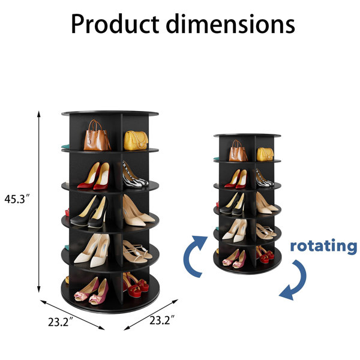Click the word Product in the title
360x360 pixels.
point(115,24)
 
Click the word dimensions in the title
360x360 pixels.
point(230,24)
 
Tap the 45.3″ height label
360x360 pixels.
point(17,199)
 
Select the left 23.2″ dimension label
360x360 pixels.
point(61,322)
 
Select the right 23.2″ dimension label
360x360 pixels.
point(162,320)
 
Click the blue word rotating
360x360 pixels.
point(324,246)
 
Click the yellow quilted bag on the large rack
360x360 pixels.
point(136,140)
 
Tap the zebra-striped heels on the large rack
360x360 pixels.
point(135,175)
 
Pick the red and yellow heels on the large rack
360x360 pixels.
point(94,176)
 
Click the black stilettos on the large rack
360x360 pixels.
point(90,212)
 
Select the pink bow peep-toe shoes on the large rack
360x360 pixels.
point(91,291)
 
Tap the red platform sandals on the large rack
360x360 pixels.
point(136,284)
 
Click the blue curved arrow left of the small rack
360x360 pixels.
point(194,256)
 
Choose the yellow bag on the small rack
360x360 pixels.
point(265,154)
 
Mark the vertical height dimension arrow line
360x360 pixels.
point(39,202)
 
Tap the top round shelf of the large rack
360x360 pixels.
point(110,113)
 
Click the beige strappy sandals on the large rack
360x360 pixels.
point(137,251)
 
